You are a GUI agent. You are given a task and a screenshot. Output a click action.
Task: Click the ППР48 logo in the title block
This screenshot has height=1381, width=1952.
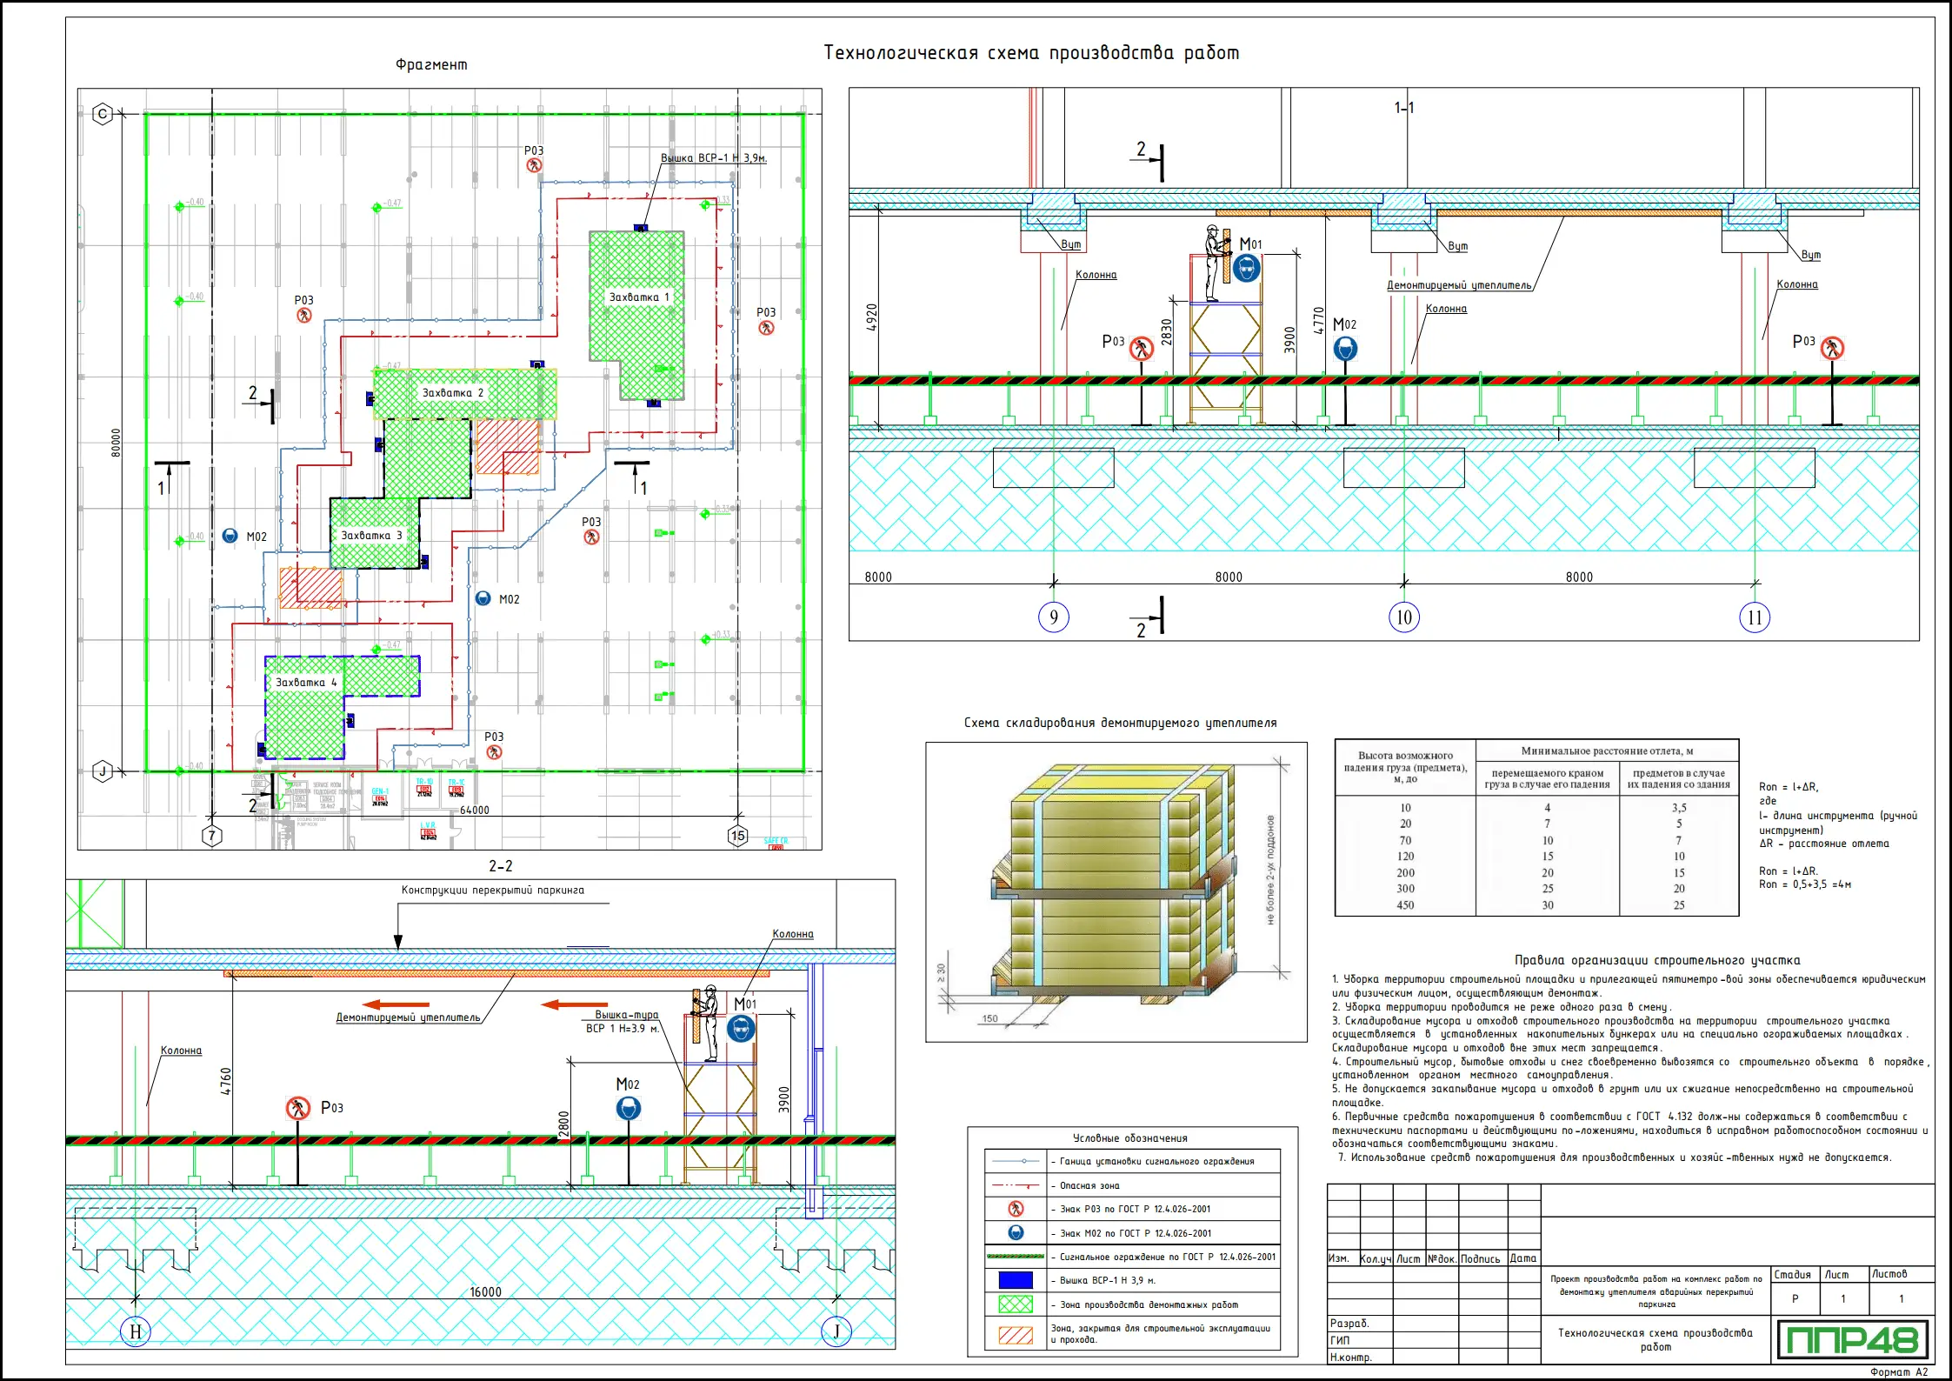pyautogui.click(x=1852, y=1339)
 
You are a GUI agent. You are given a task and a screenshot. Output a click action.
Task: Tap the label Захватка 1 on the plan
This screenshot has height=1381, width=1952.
pyautogui.click(x=639, y=297)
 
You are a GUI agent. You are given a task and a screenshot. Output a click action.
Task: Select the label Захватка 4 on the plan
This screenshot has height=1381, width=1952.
pyautogui.click(x=305, y=683)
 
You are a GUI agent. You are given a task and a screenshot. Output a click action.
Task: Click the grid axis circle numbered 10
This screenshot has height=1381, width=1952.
pyautogui.click(x=1403, y=617)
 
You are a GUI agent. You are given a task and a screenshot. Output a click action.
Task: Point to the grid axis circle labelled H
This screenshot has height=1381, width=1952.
pyautogui.click(x=136, y=1331)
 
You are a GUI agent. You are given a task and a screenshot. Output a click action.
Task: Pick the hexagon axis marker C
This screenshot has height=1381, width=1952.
pyautogui.click(x=103, y=114)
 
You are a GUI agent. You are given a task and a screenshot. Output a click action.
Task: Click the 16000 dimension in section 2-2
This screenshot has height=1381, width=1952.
pyautogui.click(x=485, y=1292)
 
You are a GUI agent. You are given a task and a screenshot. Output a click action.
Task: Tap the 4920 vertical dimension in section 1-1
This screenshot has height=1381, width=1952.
pyautogui.click(x=872, y=317)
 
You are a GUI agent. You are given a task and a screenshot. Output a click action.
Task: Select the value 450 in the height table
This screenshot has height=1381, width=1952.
pyautogui.click(x=1405, y=905)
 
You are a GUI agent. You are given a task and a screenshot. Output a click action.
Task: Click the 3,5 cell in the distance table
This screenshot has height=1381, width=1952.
pyautogui.click(x=1678, y=808)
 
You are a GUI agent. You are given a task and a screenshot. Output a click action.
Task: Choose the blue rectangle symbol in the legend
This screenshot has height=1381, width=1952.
pyautogui.click(x=1016, y=1280)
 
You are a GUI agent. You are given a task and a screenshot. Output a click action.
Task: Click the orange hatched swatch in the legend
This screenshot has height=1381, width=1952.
pyautogui.click(x=1016, y=1334)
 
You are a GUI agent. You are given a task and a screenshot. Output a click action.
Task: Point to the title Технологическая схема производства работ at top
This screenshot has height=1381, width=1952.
pyautogui.click(x=1031, y=53)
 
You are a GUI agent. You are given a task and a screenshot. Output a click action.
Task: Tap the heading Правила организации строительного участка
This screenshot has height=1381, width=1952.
pyautogui.click(x=1657, y=960)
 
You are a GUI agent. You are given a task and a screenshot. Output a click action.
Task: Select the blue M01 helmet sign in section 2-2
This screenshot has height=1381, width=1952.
pyautogui.click(x=741, y=1030)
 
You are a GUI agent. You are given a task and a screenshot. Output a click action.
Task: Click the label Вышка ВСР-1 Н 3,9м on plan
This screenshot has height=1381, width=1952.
pyautogui.click(x=713, y=158)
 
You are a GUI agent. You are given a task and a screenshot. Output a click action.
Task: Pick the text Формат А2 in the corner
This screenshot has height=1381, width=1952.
pyautogui.click(x=1899, y=1372)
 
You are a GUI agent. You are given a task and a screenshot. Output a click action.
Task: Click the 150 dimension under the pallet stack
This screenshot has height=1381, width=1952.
pyautogui.click(x=989, y=1018)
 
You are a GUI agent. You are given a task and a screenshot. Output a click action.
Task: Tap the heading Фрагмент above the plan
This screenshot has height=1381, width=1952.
pyautogui.click(x=431, y=65)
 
